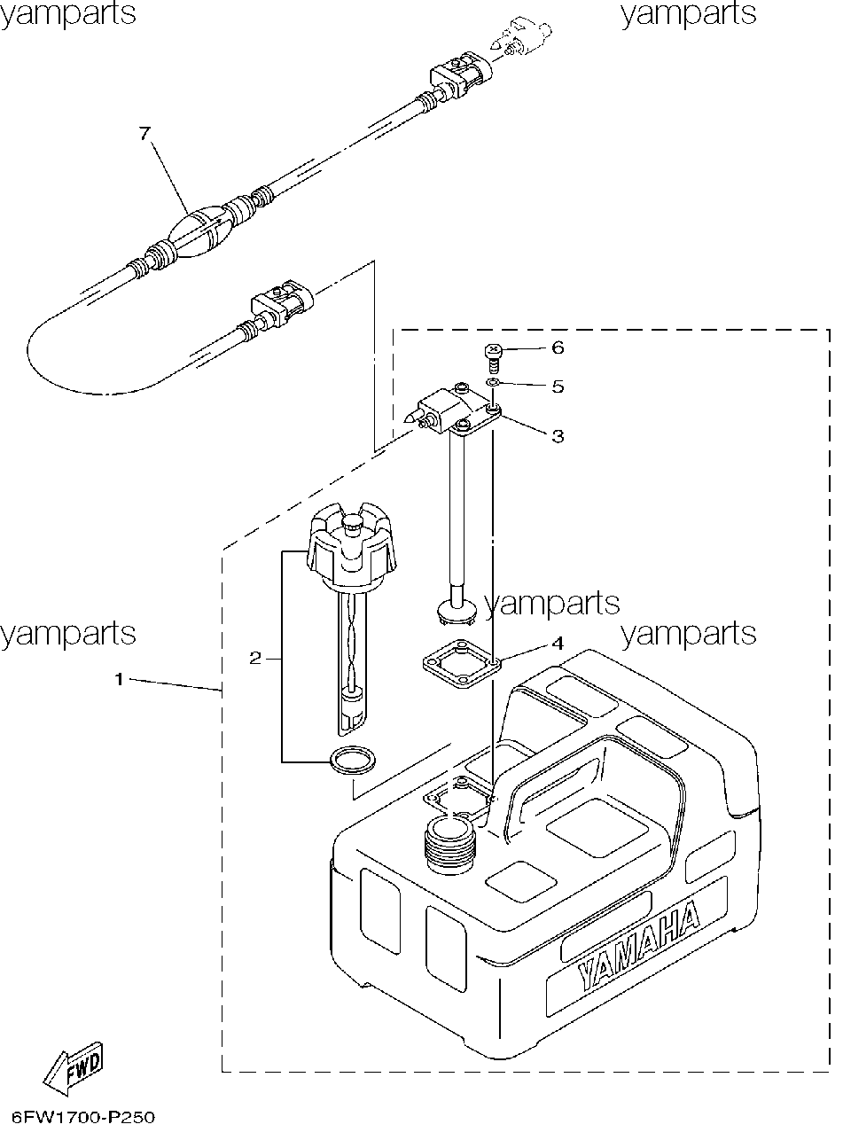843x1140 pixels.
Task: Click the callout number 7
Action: (145, 134)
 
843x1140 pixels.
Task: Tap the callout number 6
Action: (558, 348)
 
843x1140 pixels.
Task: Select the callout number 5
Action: (558, 387)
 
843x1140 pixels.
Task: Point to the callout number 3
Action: (558, 436)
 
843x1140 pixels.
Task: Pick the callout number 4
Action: (558, 643)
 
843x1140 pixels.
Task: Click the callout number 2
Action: (255, 658)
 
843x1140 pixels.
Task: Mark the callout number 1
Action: (120, 679)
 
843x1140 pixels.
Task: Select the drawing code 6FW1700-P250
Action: (82, 1117)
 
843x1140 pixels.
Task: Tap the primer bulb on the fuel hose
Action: (198, 231)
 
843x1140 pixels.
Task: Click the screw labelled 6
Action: (493, 359)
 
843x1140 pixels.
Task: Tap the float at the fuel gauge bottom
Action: (352, 704)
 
